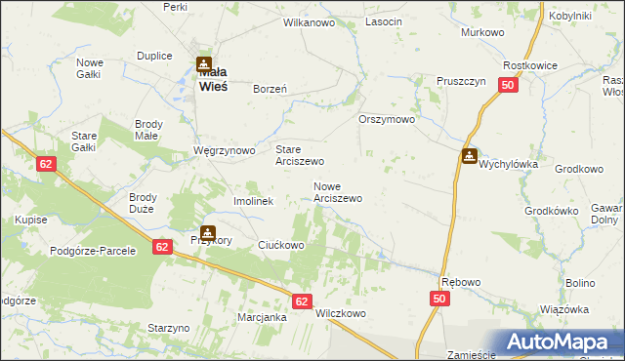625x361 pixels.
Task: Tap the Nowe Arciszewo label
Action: pos(338,191)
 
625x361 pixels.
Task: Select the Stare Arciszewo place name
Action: pos(300,155)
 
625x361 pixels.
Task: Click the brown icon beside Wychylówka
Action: pos(469,156)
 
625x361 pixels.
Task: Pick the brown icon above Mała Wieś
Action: pos(205,60)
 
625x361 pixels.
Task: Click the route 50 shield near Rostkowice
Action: pos(507,86)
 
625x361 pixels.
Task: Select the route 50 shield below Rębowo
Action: pos(439,299)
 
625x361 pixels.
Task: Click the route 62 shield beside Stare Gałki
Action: pos(47,165)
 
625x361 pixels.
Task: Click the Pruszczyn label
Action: pos(462,82)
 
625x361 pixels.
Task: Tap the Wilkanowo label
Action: pos(309,21)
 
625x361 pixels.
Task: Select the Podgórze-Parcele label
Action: pos(93,251)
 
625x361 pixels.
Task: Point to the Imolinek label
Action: pos(253,201)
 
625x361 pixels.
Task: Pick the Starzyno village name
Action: pos(169,329)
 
